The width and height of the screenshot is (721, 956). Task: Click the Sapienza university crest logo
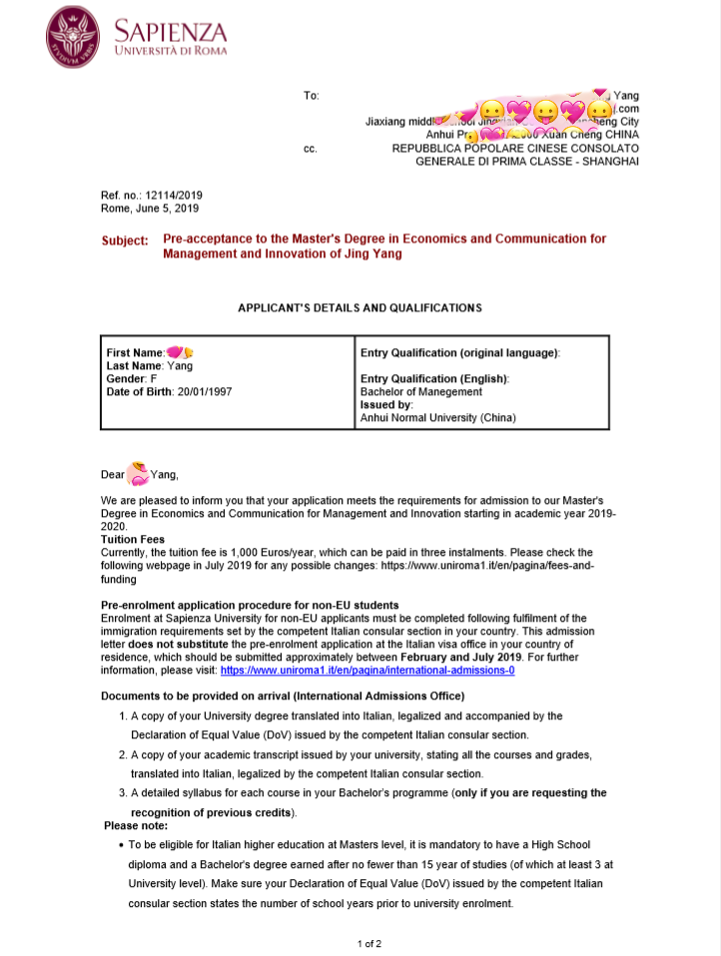73,37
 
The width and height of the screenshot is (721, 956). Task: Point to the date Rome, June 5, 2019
150,209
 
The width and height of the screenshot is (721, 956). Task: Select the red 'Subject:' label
125,240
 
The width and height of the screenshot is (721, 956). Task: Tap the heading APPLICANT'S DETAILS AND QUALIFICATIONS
360,308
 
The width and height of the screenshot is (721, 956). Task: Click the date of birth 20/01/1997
204,392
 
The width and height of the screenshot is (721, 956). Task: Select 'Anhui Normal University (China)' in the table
438,418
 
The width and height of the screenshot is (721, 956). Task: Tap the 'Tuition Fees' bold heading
133,539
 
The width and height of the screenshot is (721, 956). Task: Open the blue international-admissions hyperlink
374,671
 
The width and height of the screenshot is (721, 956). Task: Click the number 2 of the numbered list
123,754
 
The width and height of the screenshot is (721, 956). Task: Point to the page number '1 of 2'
369,943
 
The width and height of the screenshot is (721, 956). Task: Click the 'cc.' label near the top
310,149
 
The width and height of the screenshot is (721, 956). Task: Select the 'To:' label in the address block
311,96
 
